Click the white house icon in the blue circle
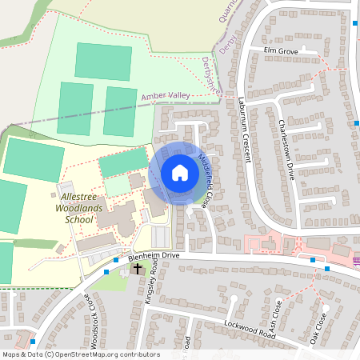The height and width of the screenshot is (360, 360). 179,173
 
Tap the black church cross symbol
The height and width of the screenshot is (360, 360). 138,269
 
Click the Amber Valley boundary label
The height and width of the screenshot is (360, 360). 166,95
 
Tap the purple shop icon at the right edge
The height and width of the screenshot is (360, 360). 356,258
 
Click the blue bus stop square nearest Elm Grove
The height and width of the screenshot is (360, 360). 355,23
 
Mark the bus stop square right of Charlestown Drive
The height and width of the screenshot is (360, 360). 356,122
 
